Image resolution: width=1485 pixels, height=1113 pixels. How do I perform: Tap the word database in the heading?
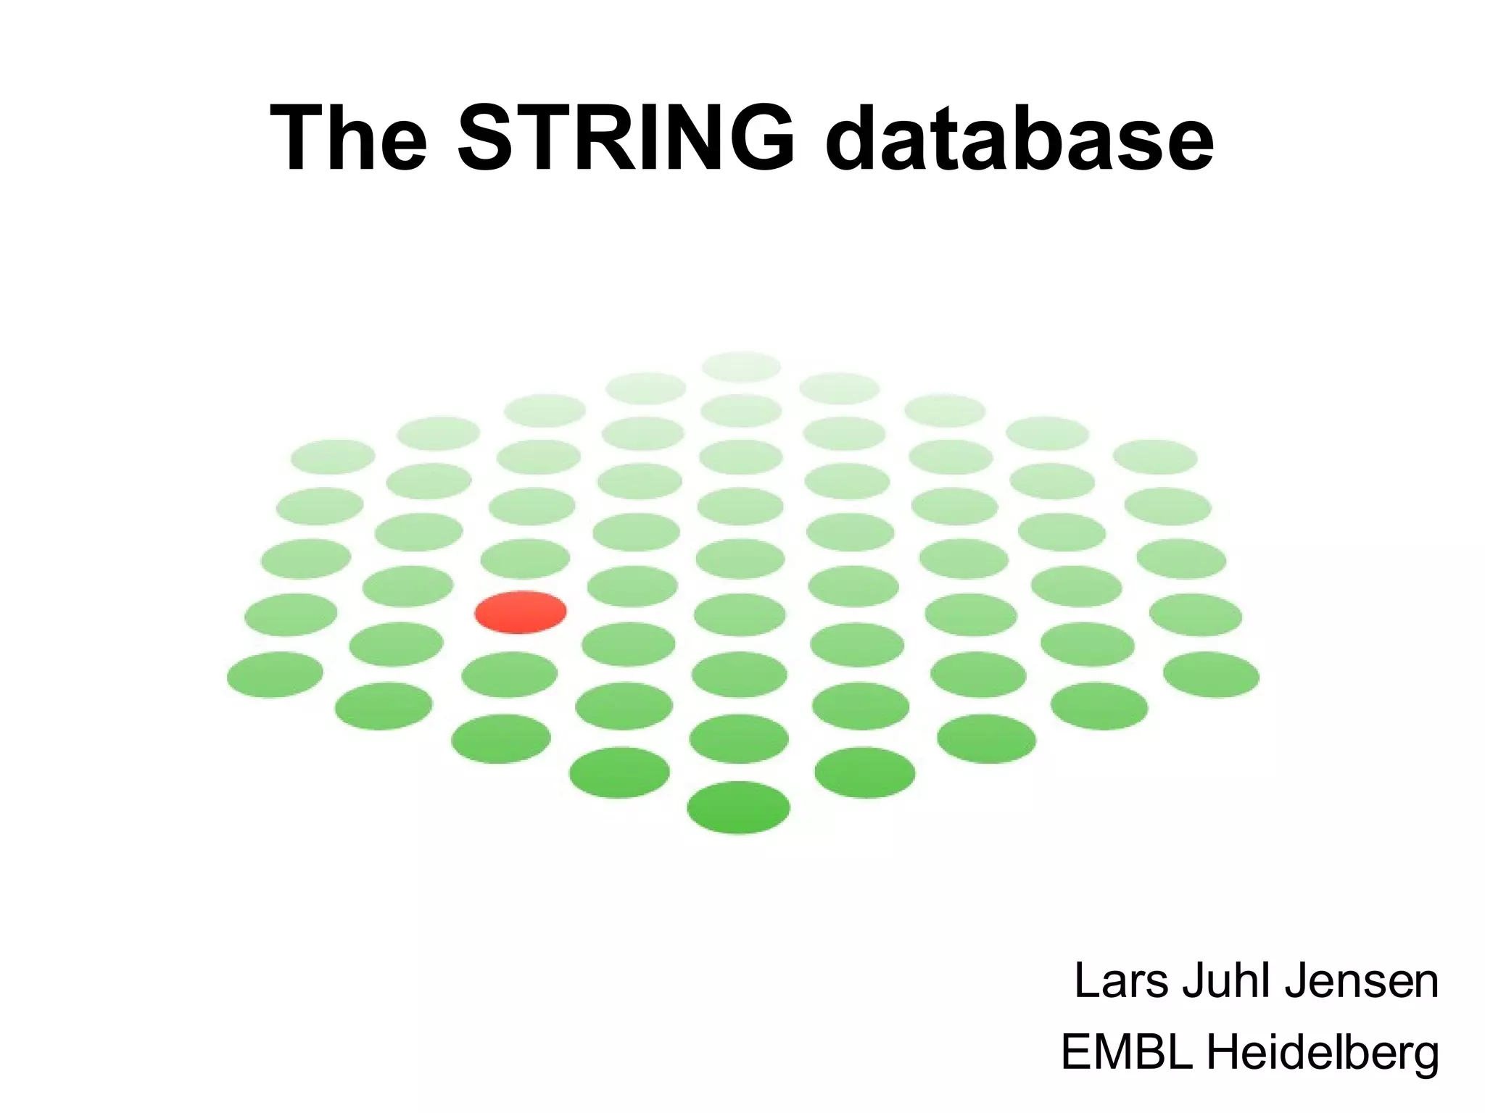coord(1019,138)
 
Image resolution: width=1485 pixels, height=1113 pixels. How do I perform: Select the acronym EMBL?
coord(1126,1052)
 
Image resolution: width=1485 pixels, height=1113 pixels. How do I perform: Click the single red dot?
coord(521,612)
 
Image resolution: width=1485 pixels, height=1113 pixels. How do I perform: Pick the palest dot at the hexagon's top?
coord(741,367)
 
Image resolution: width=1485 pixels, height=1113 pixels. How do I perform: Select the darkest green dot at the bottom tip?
coord(738,807)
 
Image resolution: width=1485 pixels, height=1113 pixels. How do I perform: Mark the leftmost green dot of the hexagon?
coord(275,675)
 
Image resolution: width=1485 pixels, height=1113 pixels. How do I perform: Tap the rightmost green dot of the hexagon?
coord(1211,675)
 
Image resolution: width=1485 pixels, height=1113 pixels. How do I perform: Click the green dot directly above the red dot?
coord(525,559)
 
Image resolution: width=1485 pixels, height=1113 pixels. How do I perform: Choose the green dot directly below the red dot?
coord(510,675)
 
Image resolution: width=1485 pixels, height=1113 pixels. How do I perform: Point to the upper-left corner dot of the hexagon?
coord(333,457)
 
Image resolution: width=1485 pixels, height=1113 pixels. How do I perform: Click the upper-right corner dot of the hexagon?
coord(1154,457)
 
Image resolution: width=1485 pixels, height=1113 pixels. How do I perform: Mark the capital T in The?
coord(297,138)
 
